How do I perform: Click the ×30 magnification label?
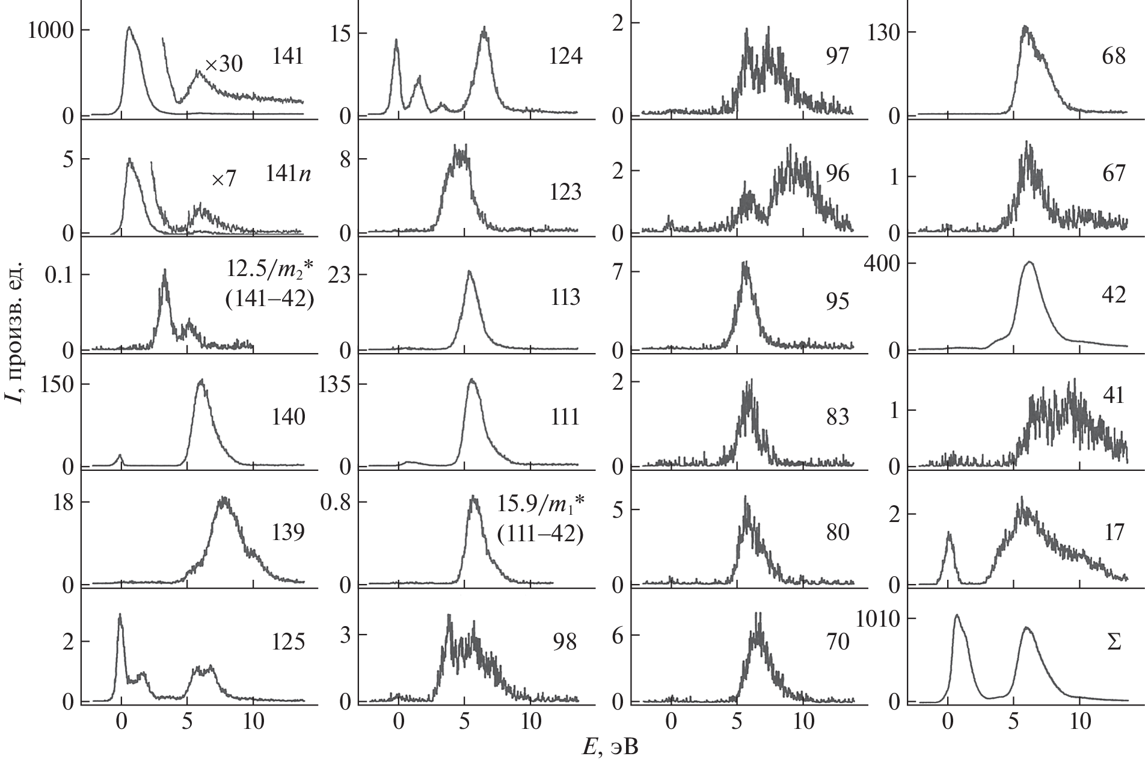tap(224, 64)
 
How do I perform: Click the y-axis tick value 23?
tap(340, 275)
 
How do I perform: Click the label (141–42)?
tap(269, 299)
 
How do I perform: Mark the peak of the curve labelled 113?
tap(469, 272)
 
